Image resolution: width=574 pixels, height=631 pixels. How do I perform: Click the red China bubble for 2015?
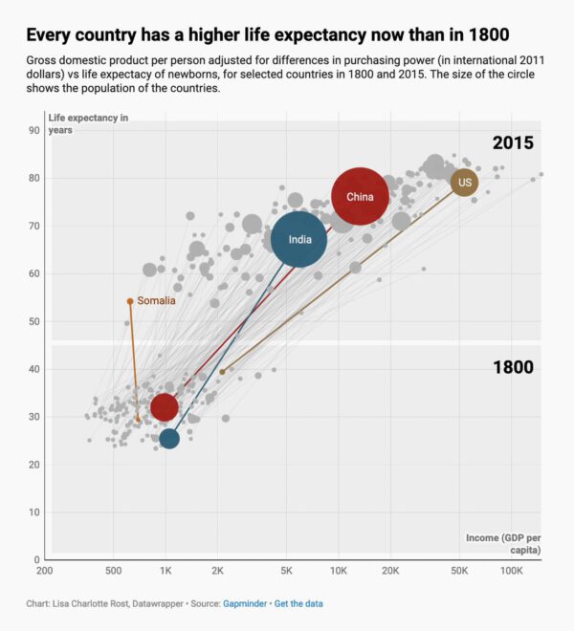click(x=360, y=196)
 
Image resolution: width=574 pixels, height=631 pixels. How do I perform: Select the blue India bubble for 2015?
click(x=299, y=240)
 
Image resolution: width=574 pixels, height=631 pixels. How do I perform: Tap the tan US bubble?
click(x=465, y=182)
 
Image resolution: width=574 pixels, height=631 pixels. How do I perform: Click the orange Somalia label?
click(x=156, y=301)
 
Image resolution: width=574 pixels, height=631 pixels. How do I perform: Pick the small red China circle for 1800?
click(x=164, y=407)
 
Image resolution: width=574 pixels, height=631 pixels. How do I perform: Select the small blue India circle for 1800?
click(x=169, y=439)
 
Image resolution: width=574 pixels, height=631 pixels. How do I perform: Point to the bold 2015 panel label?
click(x=513, y=143)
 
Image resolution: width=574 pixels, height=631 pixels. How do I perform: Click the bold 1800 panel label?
click(x=513, y=367)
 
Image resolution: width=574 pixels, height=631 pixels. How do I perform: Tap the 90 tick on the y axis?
click(x=33, y=131)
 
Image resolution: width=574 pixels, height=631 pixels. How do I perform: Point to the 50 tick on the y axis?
click(x=33, y=321)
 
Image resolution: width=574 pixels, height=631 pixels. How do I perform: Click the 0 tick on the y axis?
click(x=35, y=560)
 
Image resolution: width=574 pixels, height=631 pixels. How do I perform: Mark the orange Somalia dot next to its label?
click(x=130, y=301)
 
